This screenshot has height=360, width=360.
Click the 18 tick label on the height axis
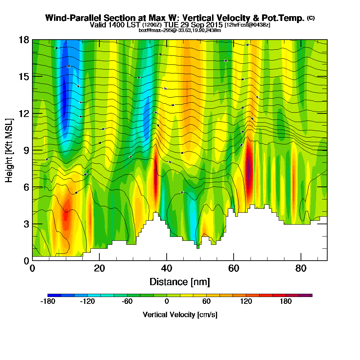click(24, 40)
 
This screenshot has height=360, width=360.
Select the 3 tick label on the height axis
click(26, 224)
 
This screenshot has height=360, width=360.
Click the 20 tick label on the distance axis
click(99, 268)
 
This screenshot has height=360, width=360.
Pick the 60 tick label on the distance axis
click(234, 268)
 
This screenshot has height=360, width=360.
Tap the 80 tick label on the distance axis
click(301, 268)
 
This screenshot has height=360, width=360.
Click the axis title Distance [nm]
click(180, 282)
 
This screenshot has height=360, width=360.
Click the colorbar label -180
click(48, 302)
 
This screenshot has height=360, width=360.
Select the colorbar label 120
click(246, 302)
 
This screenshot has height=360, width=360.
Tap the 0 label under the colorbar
click(167, 302)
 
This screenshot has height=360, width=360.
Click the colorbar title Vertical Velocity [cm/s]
click(180, 315)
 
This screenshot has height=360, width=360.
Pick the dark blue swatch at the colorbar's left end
click(54, 295)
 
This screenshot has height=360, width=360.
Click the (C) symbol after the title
click(311, 18)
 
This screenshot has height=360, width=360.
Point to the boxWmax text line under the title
click(180, 30)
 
